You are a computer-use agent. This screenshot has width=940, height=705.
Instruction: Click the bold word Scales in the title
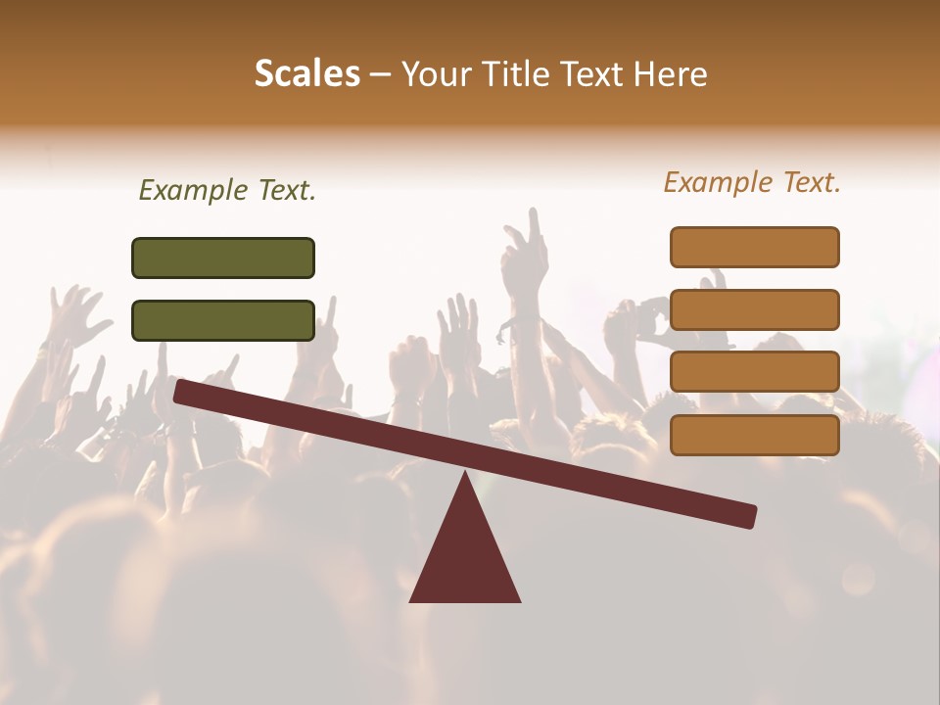tap(306, 73)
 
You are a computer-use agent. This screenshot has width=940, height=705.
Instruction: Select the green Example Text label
tap(227, 191)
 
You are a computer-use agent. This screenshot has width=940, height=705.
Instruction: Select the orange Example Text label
tap(752, 182)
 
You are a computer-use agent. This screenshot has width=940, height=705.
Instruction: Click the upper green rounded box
tap(223, 258)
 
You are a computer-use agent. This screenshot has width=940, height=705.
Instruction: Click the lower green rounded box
tap(223, 320)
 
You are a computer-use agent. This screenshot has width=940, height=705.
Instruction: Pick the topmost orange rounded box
tap(755, 247)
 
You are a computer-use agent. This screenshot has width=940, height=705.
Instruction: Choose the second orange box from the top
tap(755, 309)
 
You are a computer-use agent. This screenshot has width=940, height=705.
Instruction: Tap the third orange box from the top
tap(755, 371)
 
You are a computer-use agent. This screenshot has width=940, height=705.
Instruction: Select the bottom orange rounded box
tap(755, 435)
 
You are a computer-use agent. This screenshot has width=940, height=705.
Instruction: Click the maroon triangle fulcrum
tap(465, 558)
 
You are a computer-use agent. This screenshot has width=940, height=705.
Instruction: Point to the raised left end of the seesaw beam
tap(182, 391)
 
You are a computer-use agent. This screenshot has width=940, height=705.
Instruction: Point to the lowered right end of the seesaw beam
tap(748, 516)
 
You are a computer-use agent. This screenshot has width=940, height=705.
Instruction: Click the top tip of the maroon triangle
tap(466, 476)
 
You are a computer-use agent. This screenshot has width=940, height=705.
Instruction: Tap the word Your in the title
tap(436, 73)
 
